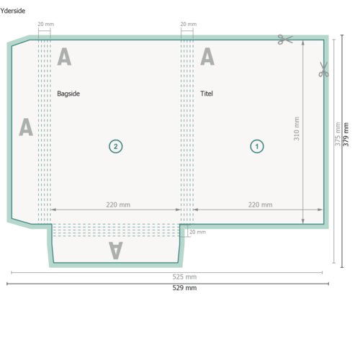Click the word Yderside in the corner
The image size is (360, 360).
[x=13, y=11]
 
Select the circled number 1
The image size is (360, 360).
[x=257, y=146]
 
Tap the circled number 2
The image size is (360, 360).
[x=116, y=146]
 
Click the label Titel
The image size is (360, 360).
[x=207, y=94]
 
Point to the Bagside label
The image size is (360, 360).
[x=68, y=94]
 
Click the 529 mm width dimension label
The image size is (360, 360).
[x=184, y=288]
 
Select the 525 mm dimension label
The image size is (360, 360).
[x=184, y=276]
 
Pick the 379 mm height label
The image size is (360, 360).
[x=346, y=135]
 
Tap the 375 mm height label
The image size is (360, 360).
[x=338, y=134]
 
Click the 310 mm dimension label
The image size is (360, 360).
[x=297, y=129]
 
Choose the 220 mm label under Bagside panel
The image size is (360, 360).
[x=118, y=204]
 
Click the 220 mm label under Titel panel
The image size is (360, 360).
[x=260, y=204]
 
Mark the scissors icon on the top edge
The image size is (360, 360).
[x=285, y=40]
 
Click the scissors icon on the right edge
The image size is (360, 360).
[x=323, y=69]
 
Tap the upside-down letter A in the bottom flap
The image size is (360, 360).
[x=116, y=251]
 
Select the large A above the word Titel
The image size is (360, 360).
[x=207, y=56]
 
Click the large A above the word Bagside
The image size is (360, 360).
[x=64, y=56]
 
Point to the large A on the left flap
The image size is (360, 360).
[x=26, y=127]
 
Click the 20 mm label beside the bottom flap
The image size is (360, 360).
[x=197, y=232]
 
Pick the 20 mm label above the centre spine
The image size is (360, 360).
[x=189, y=24]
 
